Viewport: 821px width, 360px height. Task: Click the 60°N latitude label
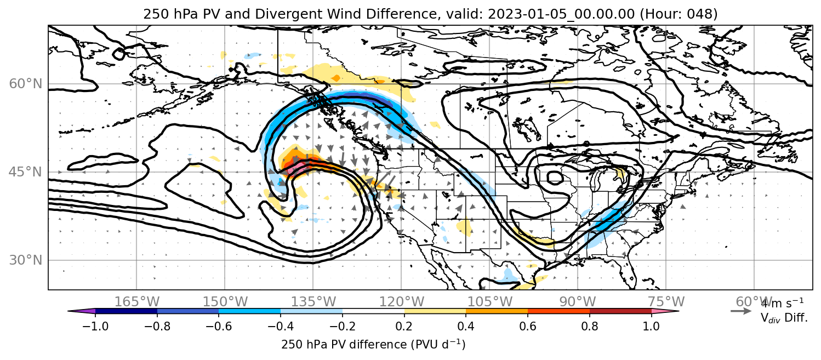point(25,84)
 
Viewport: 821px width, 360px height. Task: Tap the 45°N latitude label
point(25,172)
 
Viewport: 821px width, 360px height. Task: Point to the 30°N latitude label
point(25,260)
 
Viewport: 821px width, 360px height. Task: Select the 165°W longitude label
point(137,302)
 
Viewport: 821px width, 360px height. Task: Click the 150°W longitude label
point(225,302)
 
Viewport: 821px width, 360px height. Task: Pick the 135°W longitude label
point(313,302)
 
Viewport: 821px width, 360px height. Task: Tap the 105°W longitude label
point(489,302)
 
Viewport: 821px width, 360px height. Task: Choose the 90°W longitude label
point(578,302)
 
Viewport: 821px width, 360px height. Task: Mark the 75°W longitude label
point(666,302)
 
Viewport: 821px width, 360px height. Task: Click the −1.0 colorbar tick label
point(95,326)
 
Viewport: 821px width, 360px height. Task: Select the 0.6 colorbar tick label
point(528,326)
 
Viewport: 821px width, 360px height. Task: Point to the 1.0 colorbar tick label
point(651,326)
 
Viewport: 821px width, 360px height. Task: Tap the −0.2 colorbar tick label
point(343,326)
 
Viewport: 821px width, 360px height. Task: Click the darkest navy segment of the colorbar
point(126,311)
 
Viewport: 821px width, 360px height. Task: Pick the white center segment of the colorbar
point(373,311)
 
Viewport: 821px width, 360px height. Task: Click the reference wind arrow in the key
point(741,311)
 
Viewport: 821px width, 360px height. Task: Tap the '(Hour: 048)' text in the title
point(679,14)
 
